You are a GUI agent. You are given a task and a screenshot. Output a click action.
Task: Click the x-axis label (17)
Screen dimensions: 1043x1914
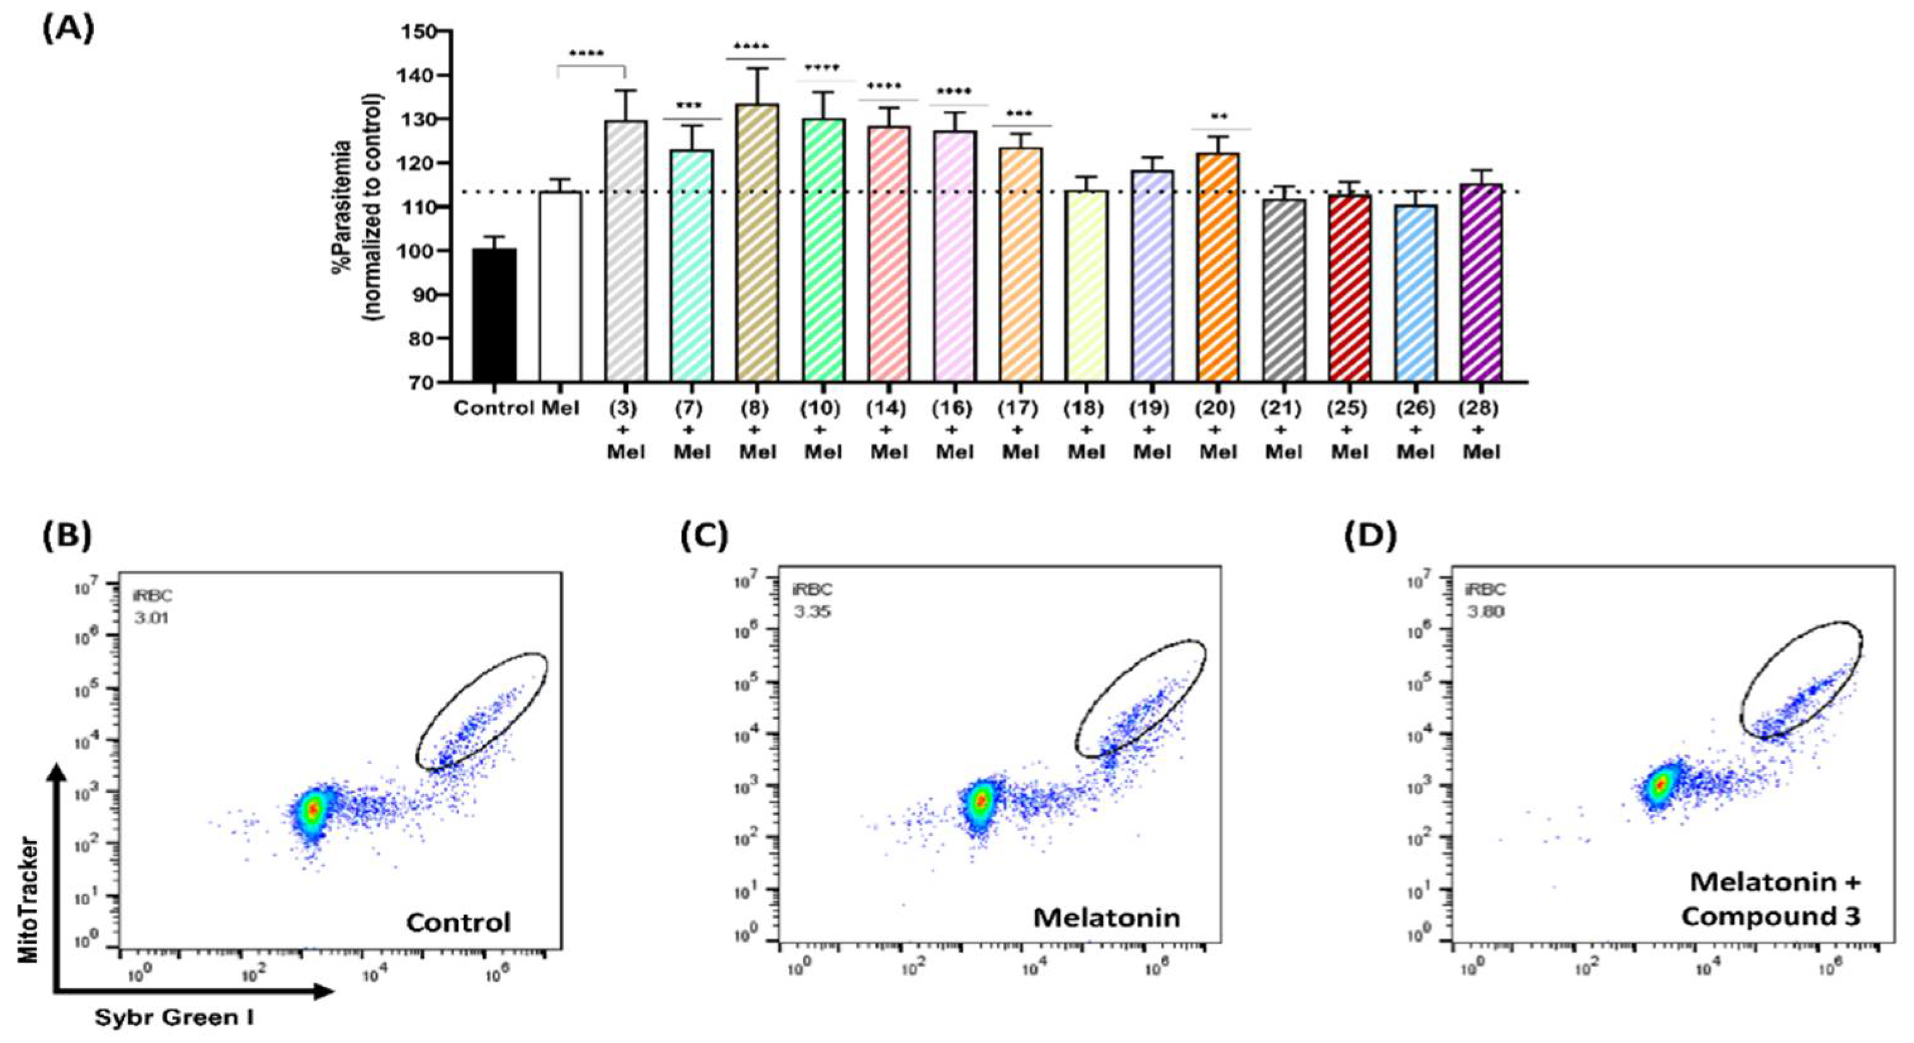1020,408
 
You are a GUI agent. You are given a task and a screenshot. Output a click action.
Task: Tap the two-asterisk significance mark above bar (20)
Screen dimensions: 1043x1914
1219,117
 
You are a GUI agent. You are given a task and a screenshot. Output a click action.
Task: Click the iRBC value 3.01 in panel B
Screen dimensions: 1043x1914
152,617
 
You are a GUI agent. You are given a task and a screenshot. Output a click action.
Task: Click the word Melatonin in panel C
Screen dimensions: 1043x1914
1107,918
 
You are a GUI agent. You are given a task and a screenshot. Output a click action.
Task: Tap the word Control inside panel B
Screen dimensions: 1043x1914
459,923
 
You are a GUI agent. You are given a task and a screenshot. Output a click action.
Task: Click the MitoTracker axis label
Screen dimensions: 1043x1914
29,899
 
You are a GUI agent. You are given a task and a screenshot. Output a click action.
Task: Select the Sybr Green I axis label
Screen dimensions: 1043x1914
174,1017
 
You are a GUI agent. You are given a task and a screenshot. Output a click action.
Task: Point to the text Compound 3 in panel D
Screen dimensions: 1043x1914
1770,916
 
